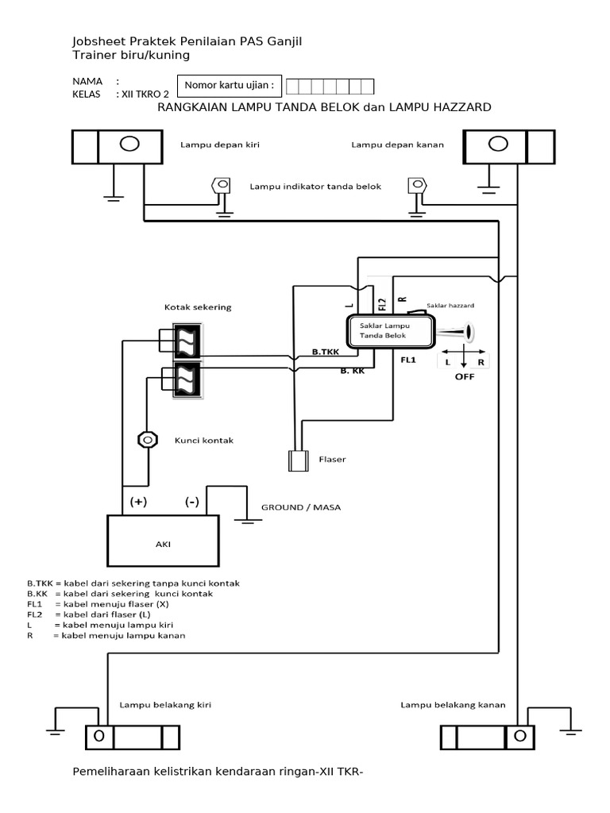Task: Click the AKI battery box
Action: click(x=162, y=544)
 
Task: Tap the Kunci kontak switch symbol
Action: click(x=147, y=439)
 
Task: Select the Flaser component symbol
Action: click(x=299, y=460)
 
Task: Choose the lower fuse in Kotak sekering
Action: click(x=189, y=378)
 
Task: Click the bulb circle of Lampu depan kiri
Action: click(x=129, y=144)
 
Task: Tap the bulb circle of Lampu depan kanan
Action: click(x=498, y=144)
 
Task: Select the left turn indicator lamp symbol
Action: click(x=219, y=186)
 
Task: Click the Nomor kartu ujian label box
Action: click(x=230, y=86)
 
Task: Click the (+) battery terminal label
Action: click(x=138, y=502)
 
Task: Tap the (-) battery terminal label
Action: click(x=192, y=502)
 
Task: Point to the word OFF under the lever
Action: click(x=465, y=376)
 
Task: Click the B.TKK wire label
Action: click(x=326, y=351)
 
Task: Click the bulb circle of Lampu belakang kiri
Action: click(x=98, y=736)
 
